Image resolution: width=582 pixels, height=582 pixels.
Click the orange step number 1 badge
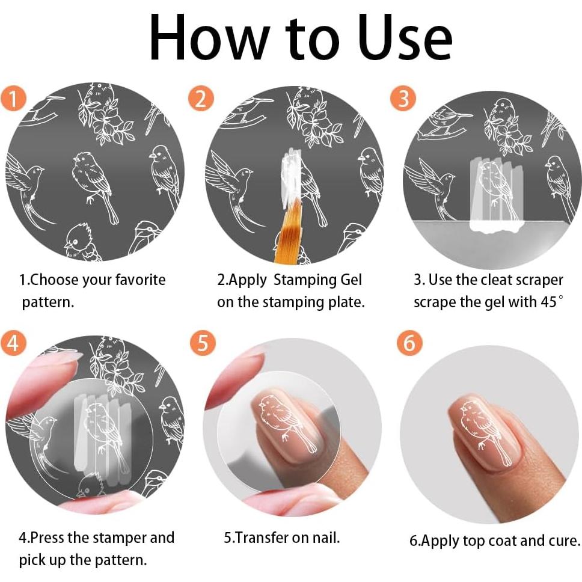(x=13, y=99)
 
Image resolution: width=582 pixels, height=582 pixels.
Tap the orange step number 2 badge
(x=201, y=99)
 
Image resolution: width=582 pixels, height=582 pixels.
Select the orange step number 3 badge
(x=403, y=99)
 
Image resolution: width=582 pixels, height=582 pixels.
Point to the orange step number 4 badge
(x=13, y=343)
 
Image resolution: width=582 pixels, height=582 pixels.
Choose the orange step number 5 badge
(x=203, y=343)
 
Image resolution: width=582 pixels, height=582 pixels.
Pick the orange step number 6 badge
(x=409, y=343)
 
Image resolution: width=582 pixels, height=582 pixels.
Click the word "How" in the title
(x=209, y=37)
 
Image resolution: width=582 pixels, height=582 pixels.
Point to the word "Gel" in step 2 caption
(x=351, y=280)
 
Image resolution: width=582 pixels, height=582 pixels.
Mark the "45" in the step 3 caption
(x=548, y=302)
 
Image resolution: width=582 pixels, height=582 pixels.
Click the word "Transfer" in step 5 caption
(x=262, y=538)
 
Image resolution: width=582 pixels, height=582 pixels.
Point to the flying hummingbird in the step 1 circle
(x=26, y=186)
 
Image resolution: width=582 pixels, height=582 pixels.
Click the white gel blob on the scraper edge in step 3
(x=497, y=225)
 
